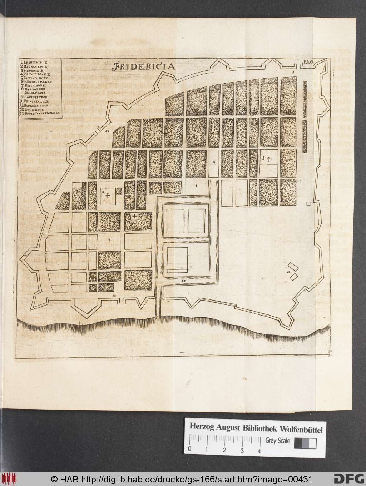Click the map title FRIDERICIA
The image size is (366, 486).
(x=143, y=66)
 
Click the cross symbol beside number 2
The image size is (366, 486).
(x=108, y=196)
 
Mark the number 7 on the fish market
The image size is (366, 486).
(x=109, y=239)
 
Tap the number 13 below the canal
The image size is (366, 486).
(x=183, y=281)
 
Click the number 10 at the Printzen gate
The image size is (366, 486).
(x=107, y=131)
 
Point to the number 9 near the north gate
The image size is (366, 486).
(x=293, y=73)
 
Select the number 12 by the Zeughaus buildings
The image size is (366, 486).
(x=288, y=272)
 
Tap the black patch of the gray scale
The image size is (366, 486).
(x=298, y=443)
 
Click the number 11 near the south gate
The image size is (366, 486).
(x=114, y=296)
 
